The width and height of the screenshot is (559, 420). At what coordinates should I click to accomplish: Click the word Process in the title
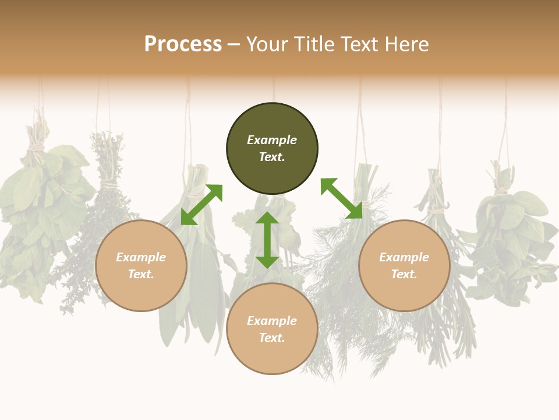tap(183, 44)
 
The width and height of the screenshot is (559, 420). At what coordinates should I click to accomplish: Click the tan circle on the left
tap(141, 292)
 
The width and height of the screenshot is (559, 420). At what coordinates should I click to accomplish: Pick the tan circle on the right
tap(404, 292)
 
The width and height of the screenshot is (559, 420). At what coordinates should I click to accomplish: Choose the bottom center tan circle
tap(272, 356)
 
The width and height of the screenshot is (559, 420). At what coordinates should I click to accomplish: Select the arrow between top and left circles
tap(201, 205)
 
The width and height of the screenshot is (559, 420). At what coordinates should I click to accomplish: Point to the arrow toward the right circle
tap(341, 198)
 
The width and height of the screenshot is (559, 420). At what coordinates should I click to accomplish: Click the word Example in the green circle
tap(272, 140)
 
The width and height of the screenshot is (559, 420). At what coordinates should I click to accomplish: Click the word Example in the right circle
tap(404, 257)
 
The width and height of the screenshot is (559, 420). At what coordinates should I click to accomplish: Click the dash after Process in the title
tap(233, 44)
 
